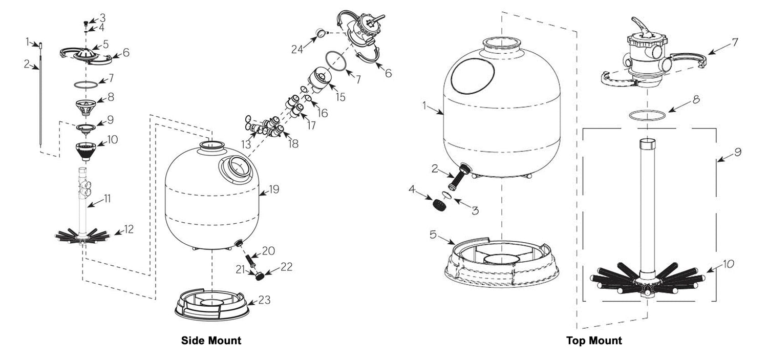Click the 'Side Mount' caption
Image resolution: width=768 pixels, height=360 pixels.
(211, 341)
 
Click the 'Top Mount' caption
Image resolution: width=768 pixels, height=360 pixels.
(594, 341)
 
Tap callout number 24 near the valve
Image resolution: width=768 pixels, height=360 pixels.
(297, 50)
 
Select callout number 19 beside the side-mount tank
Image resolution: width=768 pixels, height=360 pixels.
(274, 189)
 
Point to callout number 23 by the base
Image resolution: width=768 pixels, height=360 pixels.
(264, 300)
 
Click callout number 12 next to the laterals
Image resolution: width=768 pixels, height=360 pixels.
(129, 229)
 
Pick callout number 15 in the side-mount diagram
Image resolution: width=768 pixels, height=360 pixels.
(340, 97)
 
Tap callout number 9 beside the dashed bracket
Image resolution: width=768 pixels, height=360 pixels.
(737, 152)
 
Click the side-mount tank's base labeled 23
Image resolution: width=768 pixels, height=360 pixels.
(211, 305)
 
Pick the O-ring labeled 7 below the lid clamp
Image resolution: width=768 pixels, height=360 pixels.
(86, 84)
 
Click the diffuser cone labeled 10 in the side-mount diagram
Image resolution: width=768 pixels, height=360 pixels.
(86, 151)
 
